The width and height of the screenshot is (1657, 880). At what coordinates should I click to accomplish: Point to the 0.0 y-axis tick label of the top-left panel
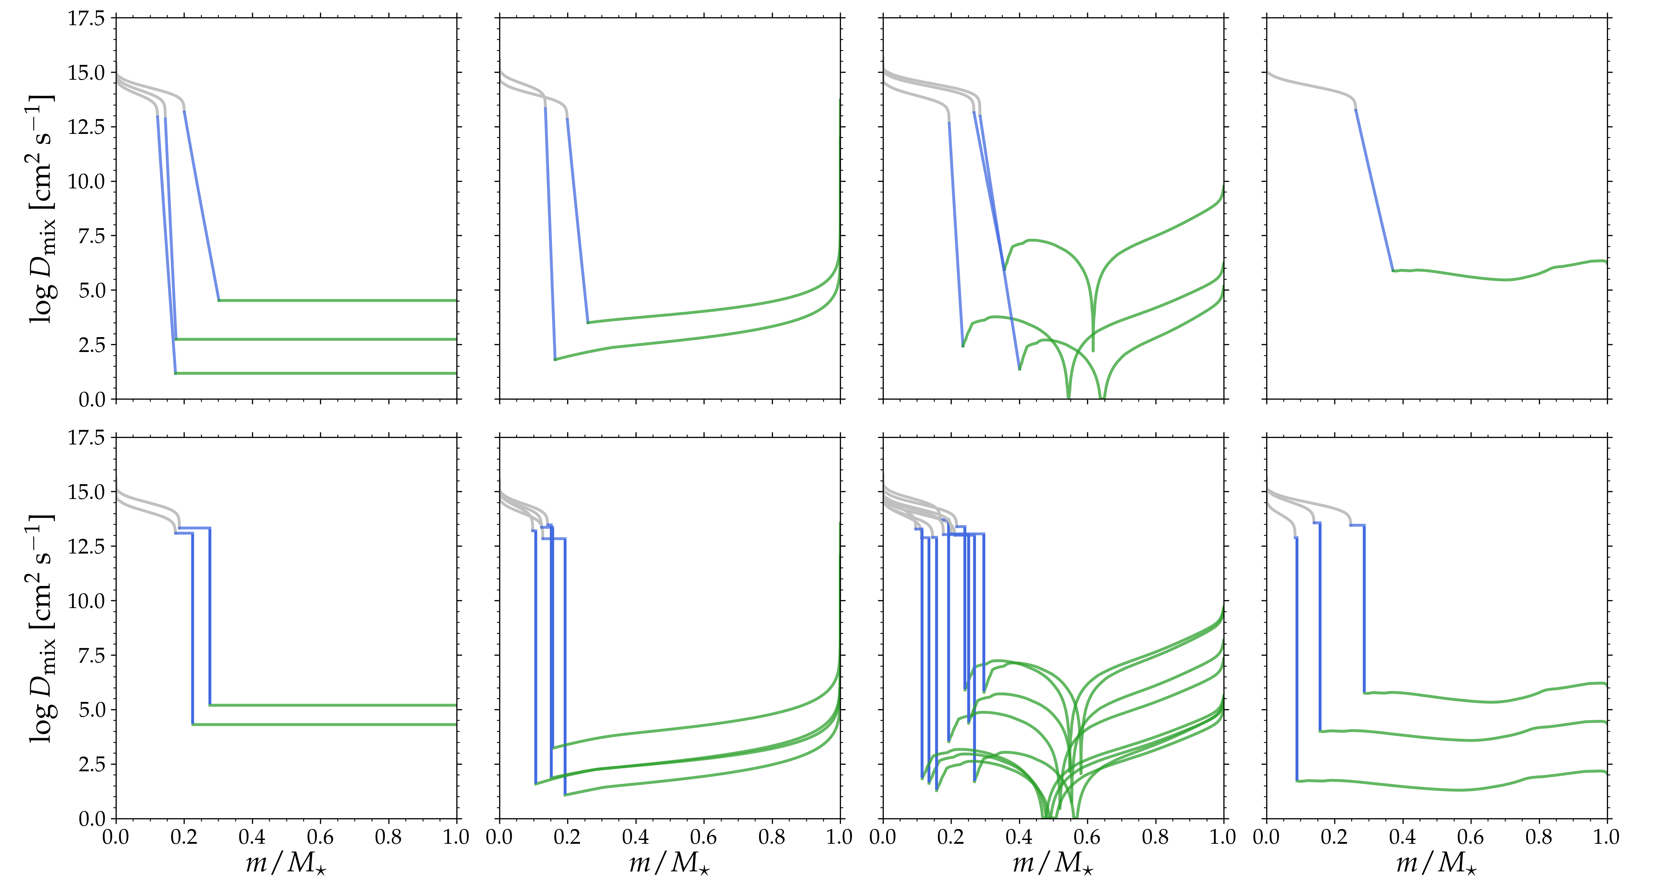point(92,400)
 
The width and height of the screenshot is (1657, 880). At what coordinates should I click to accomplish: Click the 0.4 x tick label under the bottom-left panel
point(252,838)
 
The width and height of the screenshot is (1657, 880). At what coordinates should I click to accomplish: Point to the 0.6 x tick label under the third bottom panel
point(1087,838)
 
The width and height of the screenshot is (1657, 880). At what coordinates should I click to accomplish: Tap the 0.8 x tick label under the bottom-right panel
point(1539,838)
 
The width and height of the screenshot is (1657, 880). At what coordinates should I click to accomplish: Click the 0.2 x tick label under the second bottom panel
point(567,838)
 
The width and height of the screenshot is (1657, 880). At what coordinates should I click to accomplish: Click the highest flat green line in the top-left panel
point(335,301)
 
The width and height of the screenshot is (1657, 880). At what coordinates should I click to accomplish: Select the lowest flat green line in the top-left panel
point(322,373)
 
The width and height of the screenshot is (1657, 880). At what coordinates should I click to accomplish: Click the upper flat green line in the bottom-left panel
point(335,705)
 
